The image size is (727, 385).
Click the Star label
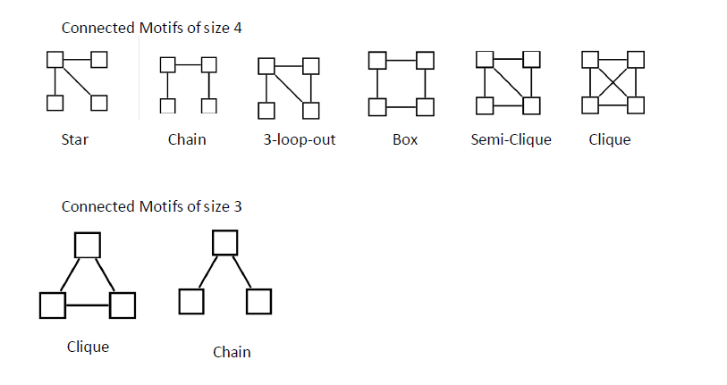coord(75,139)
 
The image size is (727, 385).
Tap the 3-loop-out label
coord(295,139)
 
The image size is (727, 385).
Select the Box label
coord(404,139)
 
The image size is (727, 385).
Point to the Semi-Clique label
coord(511,139)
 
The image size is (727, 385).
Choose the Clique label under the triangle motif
coord(88,346)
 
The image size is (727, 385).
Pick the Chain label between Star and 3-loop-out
coord(186,139)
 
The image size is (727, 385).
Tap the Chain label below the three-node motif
coord(232,352)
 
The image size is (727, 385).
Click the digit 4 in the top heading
coord(238,28)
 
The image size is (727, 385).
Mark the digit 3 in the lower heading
coord(238,206)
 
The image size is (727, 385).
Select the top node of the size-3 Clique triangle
coord(87,245)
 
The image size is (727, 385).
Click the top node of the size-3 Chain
coord(224,242)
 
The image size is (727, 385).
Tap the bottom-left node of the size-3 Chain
coord(190,302)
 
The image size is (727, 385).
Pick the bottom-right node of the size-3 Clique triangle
coord(123,305)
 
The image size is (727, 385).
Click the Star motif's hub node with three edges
coord(55,60)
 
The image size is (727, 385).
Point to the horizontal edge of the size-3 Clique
coord(88,305)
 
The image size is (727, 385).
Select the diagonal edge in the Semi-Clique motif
coord(508,82)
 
